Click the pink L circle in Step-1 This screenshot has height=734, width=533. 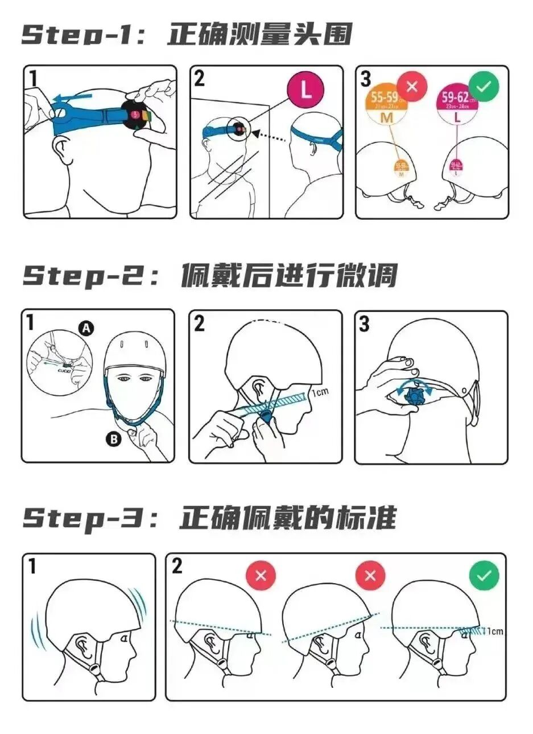[305, 90]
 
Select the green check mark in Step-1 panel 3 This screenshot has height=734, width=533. [484, 87]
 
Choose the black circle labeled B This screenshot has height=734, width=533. [113, 439]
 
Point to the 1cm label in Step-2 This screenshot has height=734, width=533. [320, 392]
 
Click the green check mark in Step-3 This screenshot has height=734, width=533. [484, 575]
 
